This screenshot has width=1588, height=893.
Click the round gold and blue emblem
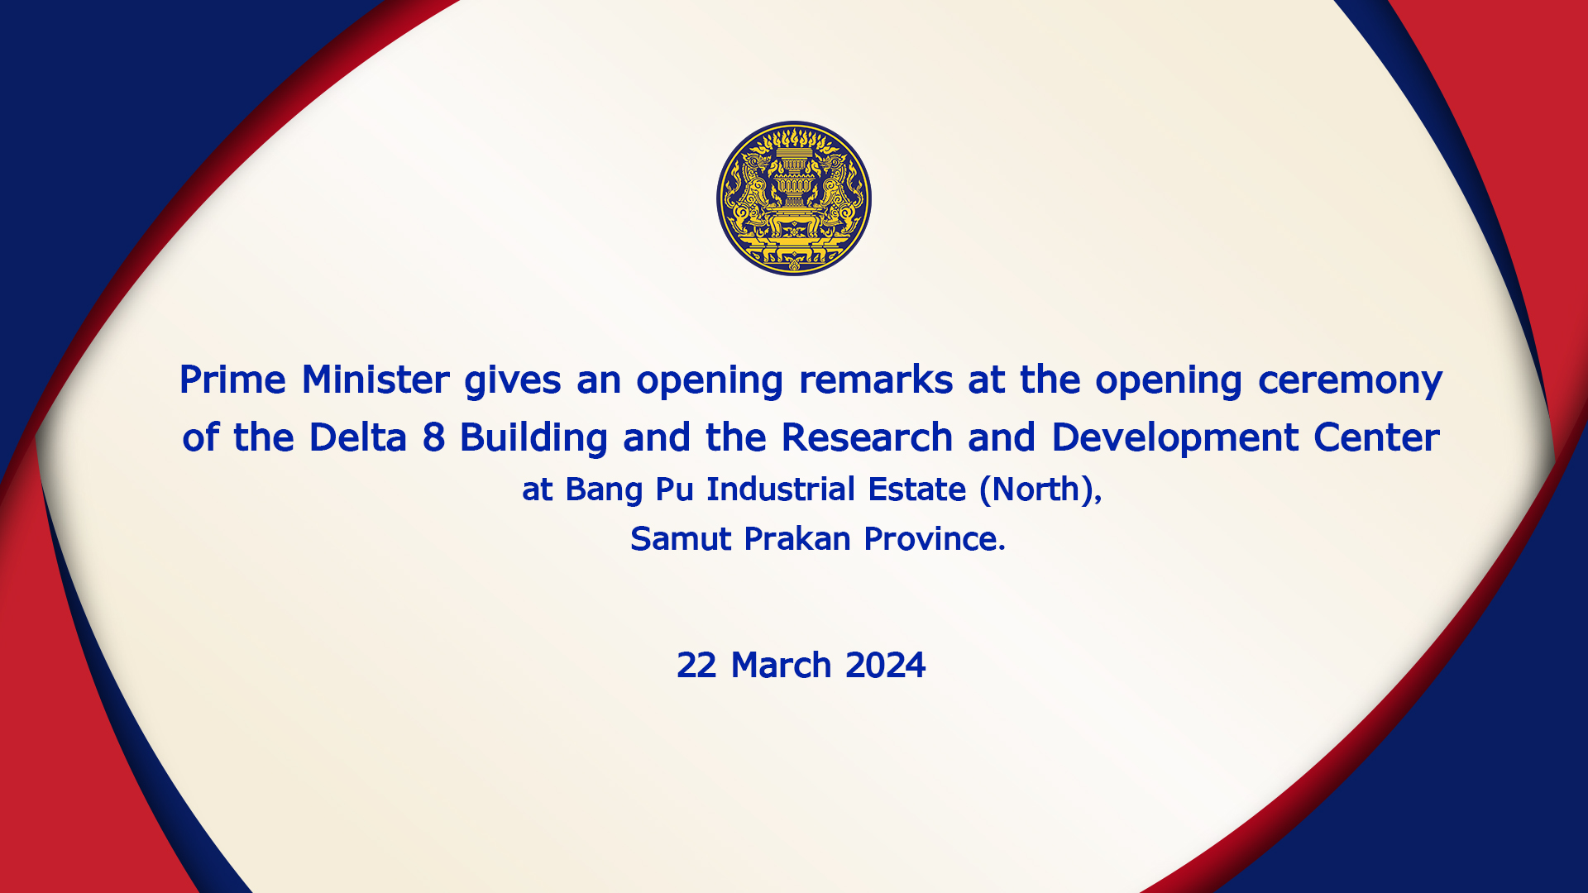click(x=794, y=198)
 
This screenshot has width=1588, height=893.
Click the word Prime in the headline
click(x=232, y=380)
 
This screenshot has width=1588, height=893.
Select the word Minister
click(x=375, y=380)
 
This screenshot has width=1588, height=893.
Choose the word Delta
click(x=357, y=437)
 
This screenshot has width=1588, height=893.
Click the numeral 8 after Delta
click(x=433, y=438)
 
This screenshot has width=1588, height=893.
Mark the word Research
click(x=867, y=437)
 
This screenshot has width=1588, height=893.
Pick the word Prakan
click(x=797, y=539)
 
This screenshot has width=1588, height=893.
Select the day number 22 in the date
click(x=696, y=666)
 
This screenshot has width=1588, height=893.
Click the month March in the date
click(x=781, y=666)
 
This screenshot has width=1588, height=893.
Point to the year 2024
click(x=886, y=666)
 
